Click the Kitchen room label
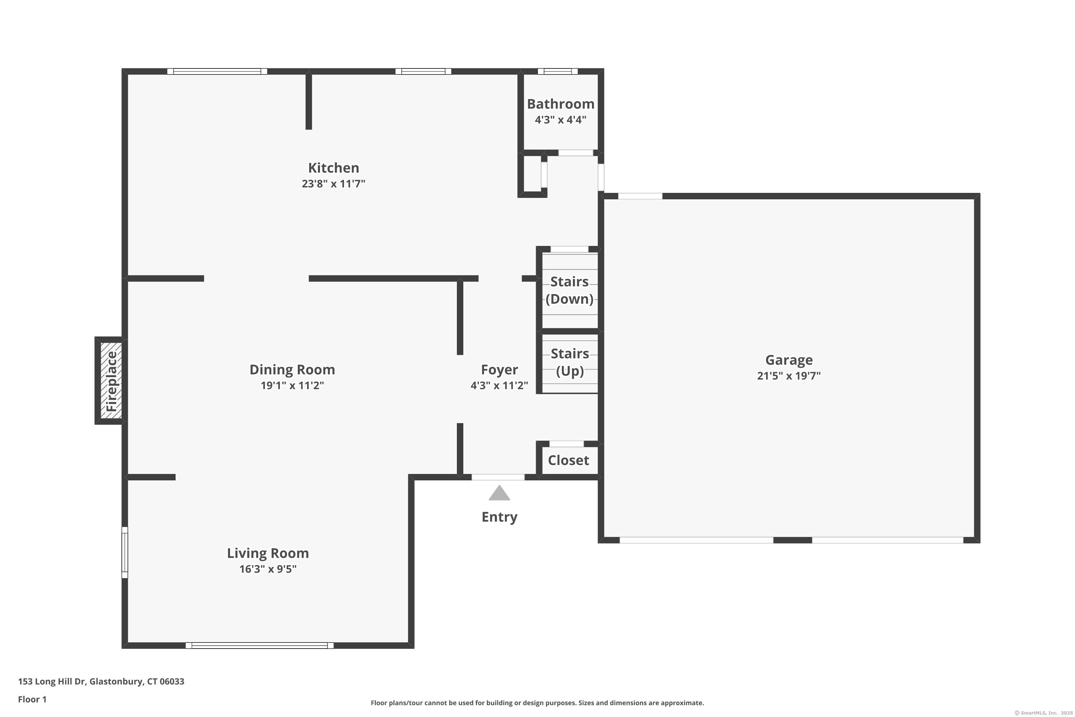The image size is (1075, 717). click(333, 168)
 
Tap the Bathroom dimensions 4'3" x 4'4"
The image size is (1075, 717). click(560, 120)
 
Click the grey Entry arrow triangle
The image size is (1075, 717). click(499, 493)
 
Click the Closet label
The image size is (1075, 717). click(568, 460)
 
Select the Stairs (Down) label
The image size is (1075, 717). click(569, 290)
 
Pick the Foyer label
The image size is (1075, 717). click(499, 370)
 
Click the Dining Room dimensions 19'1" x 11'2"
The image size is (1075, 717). click(292, 385)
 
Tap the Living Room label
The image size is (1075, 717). click(268, 553)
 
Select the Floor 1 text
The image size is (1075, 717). click(32, 699)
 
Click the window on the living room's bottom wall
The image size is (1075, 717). click(259, 646)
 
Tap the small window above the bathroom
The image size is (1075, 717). click(558, 71)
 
